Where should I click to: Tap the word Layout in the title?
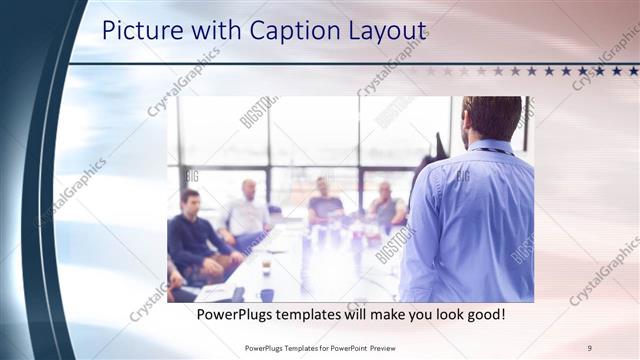pos(381,31)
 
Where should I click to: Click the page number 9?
pos(589,346)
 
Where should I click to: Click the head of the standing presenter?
pos(492,118)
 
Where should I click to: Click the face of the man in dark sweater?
pos(190,200)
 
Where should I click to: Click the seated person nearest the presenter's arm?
pos(387,205)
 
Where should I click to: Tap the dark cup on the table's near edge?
pos(267,294)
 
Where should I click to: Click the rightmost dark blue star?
pos(632,71)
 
